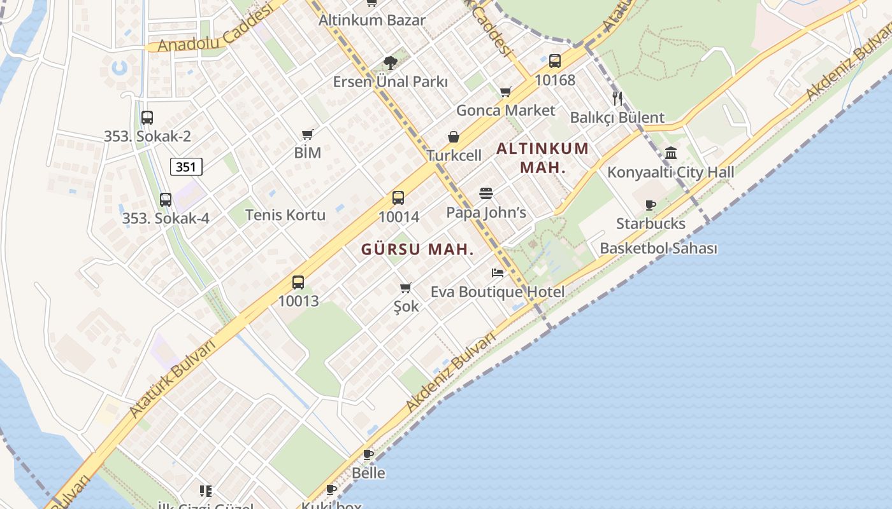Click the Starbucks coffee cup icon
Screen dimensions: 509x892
pos(650,205)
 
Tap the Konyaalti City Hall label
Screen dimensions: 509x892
pos(670,172)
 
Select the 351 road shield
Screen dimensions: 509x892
pos(186,167)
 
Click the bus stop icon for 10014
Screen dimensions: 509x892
pos(398,198)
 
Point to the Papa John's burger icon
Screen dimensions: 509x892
pos(486,193)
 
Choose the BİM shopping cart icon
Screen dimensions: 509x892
pos(308,134)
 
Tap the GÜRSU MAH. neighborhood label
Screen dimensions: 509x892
pos(417,249)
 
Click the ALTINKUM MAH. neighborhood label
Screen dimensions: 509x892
pos(542,158)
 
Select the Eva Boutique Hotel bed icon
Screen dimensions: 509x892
pos(498,273)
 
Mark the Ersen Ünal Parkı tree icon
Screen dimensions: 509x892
pos(390,62)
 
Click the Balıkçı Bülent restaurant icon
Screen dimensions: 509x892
pos(617,98)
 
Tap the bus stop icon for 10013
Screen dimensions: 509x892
pos(298,282)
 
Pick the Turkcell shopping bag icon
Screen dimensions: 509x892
pos(454,137)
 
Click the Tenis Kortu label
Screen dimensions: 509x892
pos(285,215)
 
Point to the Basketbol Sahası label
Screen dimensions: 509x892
pos(658,248)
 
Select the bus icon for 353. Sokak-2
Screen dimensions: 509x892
pos(147,118)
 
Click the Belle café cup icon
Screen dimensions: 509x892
pos(368,454)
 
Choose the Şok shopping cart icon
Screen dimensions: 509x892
pos(406,288)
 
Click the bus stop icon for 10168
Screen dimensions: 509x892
pos(555,61)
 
